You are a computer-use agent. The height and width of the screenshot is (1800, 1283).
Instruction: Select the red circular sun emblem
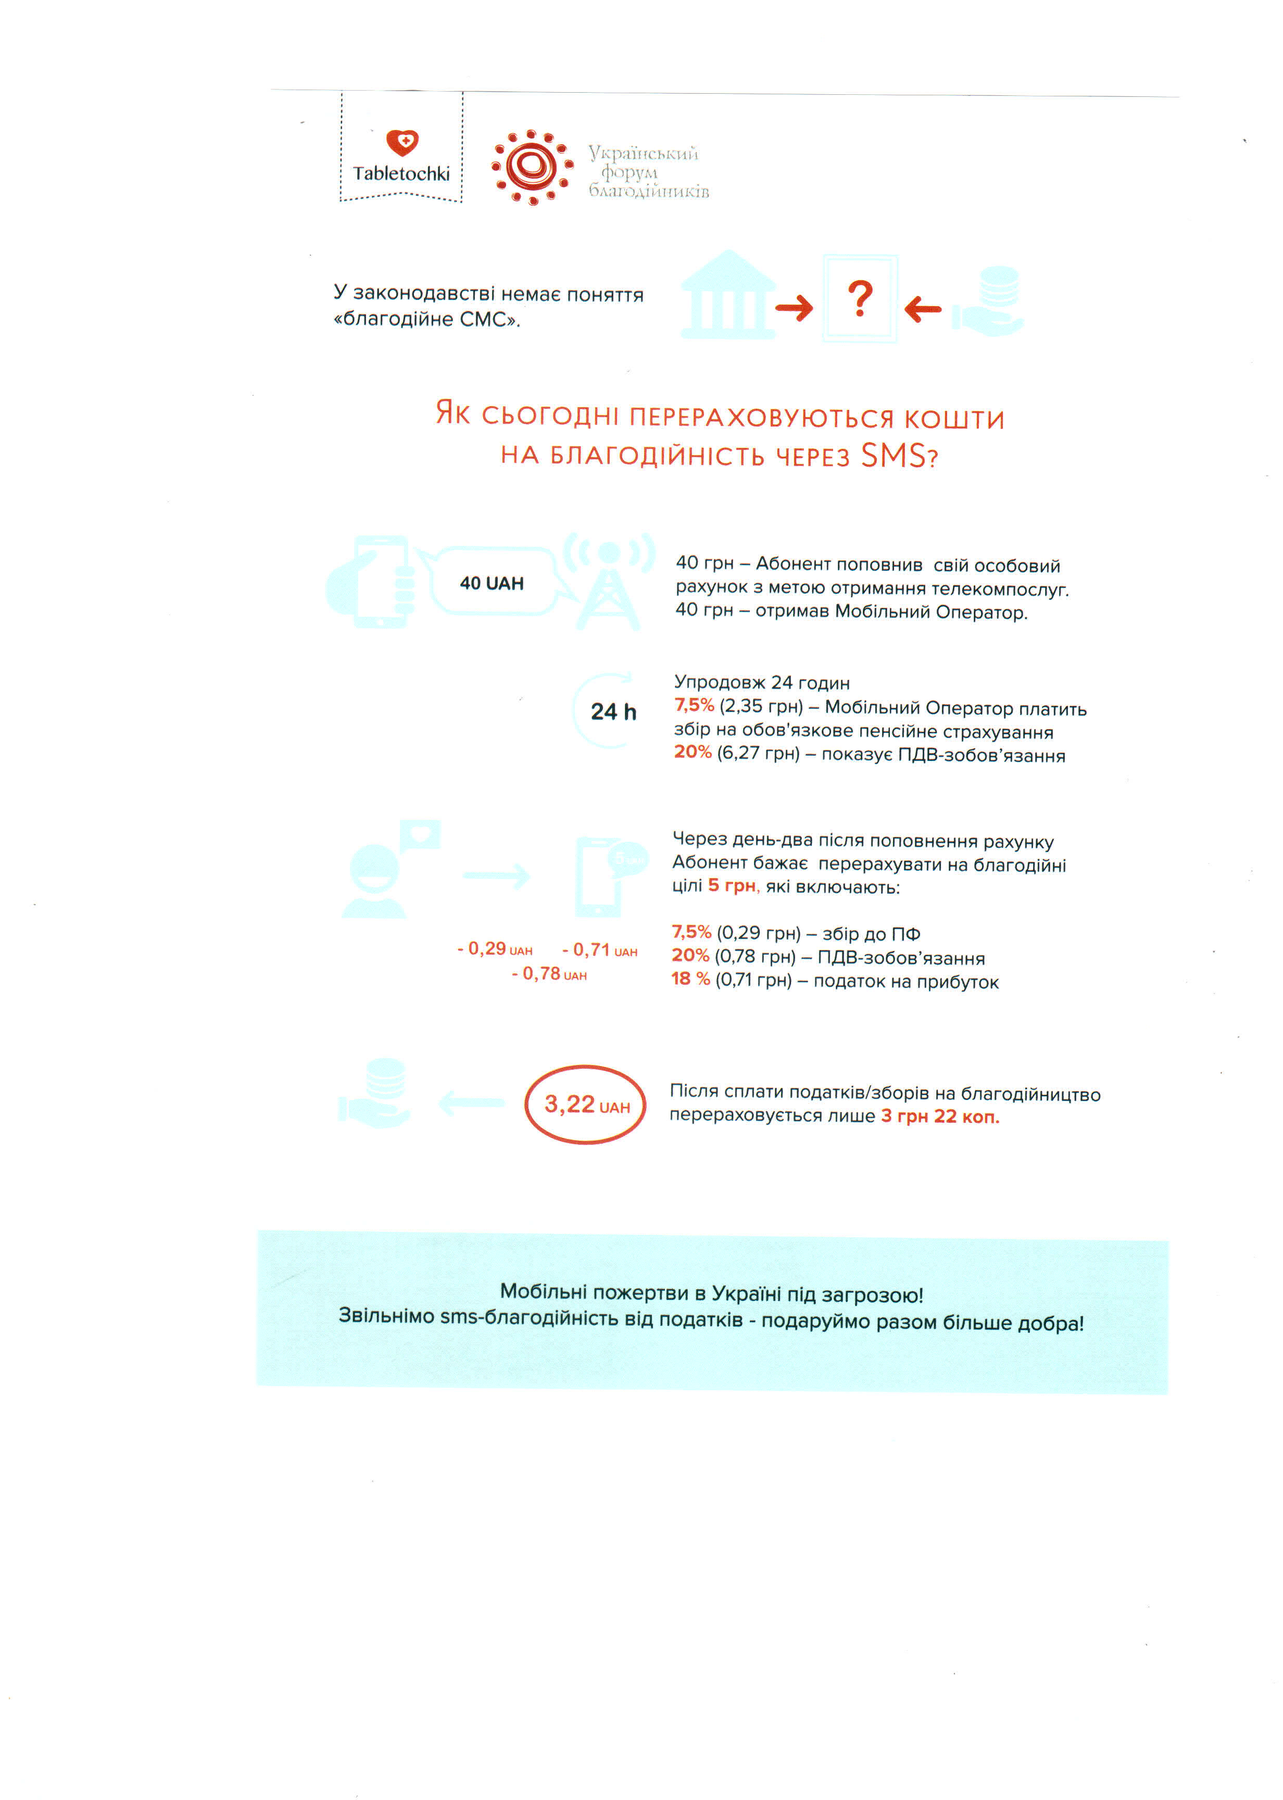532,167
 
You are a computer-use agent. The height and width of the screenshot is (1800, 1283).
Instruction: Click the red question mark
860,299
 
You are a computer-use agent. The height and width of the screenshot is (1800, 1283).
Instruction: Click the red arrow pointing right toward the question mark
794,307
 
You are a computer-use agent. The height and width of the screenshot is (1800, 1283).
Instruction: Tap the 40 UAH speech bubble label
492,583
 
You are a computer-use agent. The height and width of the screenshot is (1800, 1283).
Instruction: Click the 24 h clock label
613,712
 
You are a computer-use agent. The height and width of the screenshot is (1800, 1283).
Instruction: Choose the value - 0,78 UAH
549,974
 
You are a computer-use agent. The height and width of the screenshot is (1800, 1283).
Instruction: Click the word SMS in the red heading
892,456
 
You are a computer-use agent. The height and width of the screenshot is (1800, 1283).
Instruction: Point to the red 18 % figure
690,979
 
